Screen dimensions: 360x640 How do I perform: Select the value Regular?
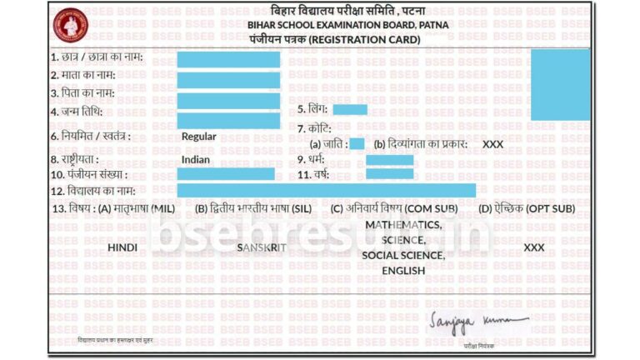(x=198, y=137)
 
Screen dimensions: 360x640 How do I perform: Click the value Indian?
(x=195, y=159)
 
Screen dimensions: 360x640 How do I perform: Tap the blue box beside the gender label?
(x=350, y=109)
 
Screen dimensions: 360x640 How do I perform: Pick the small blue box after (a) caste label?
(x=357, y=144)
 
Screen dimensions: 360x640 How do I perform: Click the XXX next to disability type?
(x=493, y=144)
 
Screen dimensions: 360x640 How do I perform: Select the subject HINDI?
(x=122, y=247)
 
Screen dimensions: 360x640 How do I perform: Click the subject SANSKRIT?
(x=262, y=247)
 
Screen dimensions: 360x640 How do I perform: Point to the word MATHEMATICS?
(x=403, y=226)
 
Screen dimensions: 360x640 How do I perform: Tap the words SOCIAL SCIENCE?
(x=403, y=255)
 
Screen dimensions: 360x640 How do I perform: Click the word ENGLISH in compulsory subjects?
(x=403, y=270)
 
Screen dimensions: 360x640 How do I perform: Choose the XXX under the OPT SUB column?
(x=534, y=247)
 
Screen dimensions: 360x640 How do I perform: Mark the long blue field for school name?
(x=326, y=191)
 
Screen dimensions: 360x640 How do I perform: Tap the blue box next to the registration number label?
(x=225, y=174)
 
